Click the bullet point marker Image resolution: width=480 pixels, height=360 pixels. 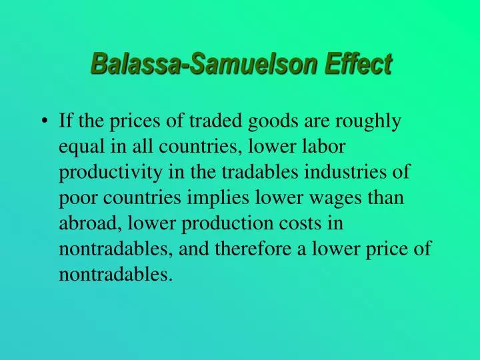point(45,122)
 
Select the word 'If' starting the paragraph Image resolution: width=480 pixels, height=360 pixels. point(65,121)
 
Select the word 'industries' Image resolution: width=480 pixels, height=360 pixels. point(357,172)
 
